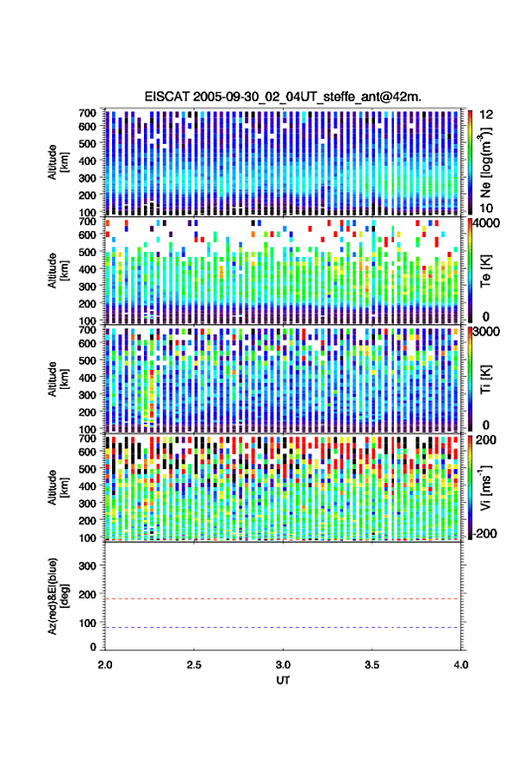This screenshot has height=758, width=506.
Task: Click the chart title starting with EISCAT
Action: [283, 97]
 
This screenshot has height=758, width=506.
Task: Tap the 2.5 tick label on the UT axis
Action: [194, 665]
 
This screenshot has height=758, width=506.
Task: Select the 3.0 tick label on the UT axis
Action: [284, 665]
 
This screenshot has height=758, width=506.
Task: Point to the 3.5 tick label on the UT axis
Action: [372, 665]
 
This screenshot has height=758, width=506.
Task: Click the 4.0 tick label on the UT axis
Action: [461, 665]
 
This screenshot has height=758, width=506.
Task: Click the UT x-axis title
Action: [284, 680]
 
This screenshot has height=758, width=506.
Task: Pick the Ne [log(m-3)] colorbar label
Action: [485, 162]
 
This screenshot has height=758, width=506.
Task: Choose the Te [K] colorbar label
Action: [485, 271]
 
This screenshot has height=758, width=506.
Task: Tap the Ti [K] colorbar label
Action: [485, 379]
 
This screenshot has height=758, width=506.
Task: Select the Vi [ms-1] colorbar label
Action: [485, 487]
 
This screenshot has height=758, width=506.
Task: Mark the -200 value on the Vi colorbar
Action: [484, 533]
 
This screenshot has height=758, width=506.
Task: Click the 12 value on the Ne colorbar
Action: [487, 115]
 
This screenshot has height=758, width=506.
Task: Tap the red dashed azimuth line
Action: [284, 599]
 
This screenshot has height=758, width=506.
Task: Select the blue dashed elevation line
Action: [284, 628]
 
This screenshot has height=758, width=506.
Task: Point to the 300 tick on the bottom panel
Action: [87, 566]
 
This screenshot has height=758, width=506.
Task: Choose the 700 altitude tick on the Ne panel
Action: [87, 113]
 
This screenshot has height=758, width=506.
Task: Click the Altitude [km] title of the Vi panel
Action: [57, 487]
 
